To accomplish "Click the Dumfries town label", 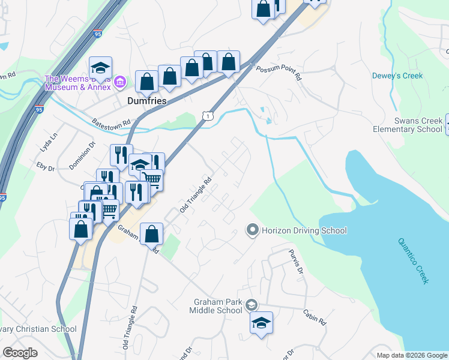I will tap(146, 101).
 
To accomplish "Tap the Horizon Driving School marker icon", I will tap(253, 230).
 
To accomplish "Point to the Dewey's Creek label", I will tap(397, 76).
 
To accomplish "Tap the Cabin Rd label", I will tap(314, 317).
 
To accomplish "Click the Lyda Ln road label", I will tap(47, 145).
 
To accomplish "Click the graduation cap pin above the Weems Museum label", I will tap(101, 67).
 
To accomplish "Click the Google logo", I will tap(20, 353).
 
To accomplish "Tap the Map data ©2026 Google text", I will tap(412, 355).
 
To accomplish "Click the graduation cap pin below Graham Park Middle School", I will tap(261, 323).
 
